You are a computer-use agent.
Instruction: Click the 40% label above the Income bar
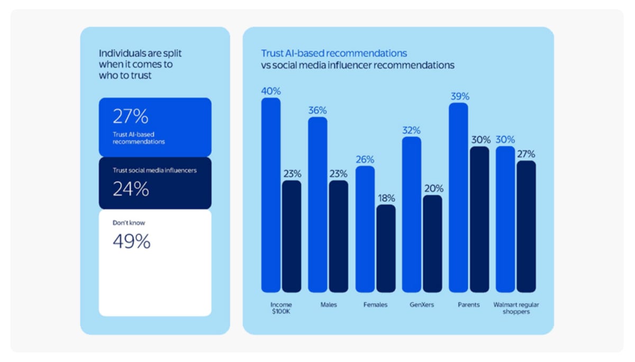tap(271, 91)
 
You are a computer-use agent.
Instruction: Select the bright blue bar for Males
tap(318, 205)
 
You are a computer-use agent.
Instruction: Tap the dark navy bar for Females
tap(386, 248)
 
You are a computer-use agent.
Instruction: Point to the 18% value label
tap(386, 198)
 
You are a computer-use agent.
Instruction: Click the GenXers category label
tap(422, 305)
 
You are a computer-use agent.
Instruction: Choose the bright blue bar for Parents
tap(458, 197)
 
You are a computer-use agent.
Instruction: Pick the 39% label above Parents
tap(460, 96)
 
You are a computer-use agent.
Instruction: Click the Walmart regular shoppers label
tap(516, 308)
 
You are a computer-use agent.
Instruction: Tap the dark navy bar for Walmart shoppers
tap(526, 227)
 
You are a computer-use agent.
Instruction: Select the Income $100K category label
tap(281, 308)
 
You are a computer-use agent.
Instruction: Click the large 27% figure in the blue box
tap(130, 116)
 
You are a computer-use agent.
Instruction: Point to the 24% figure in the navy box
tap(131, 189)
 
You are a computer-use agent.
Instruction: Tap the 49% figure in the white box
tap(132, 241)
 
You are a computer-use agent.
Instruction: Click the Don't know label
tap(129, 223)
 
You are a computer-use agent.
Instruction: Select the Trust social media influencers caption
tap(155, 170)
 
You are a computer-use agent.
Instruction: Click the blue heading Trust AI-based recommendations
tap(334, 53)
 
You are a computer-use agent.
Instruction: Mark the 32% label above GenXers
tap(411, 130)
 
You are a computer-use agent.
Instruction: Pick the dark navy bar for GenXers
tap(433, 243)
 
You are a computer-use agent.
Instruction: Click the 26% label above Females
tap(365, 160)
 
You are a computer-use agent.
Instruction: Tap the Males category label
tap(329, 305)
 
